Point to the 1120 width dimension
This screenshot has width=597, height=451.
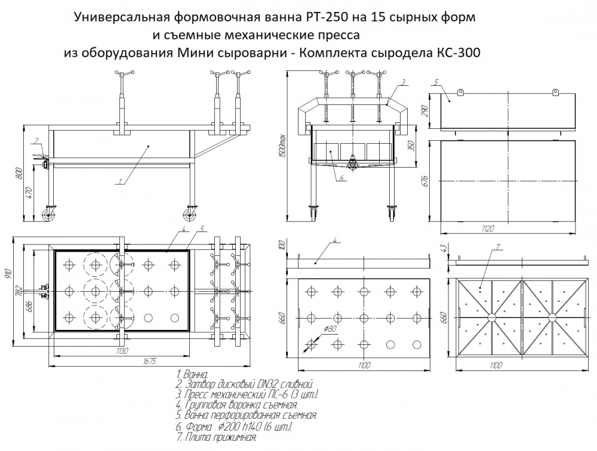point(508,228)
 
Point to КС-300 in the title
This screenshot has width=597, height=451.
point(457,52)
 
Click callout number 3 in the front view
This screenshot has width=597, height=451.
point(404,81)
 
